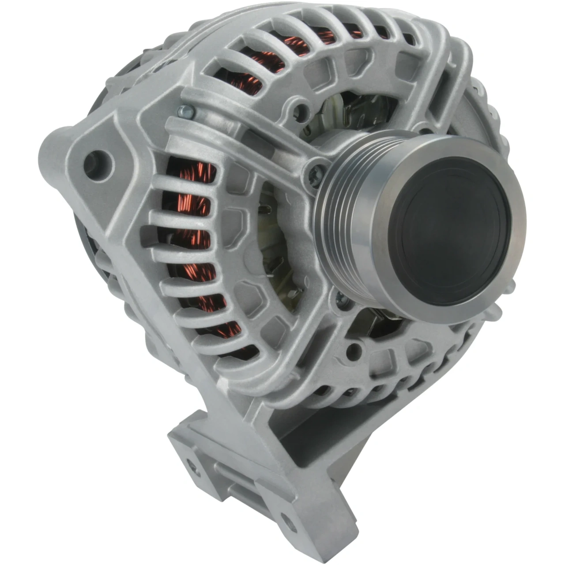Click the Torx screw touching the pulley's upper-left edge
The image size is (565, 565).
tap(317, 170)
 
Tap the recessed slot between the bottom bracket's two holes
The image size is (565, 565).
tap(238, 490)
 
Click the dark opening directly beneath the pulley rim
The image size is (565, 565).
tap(380, 322)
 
